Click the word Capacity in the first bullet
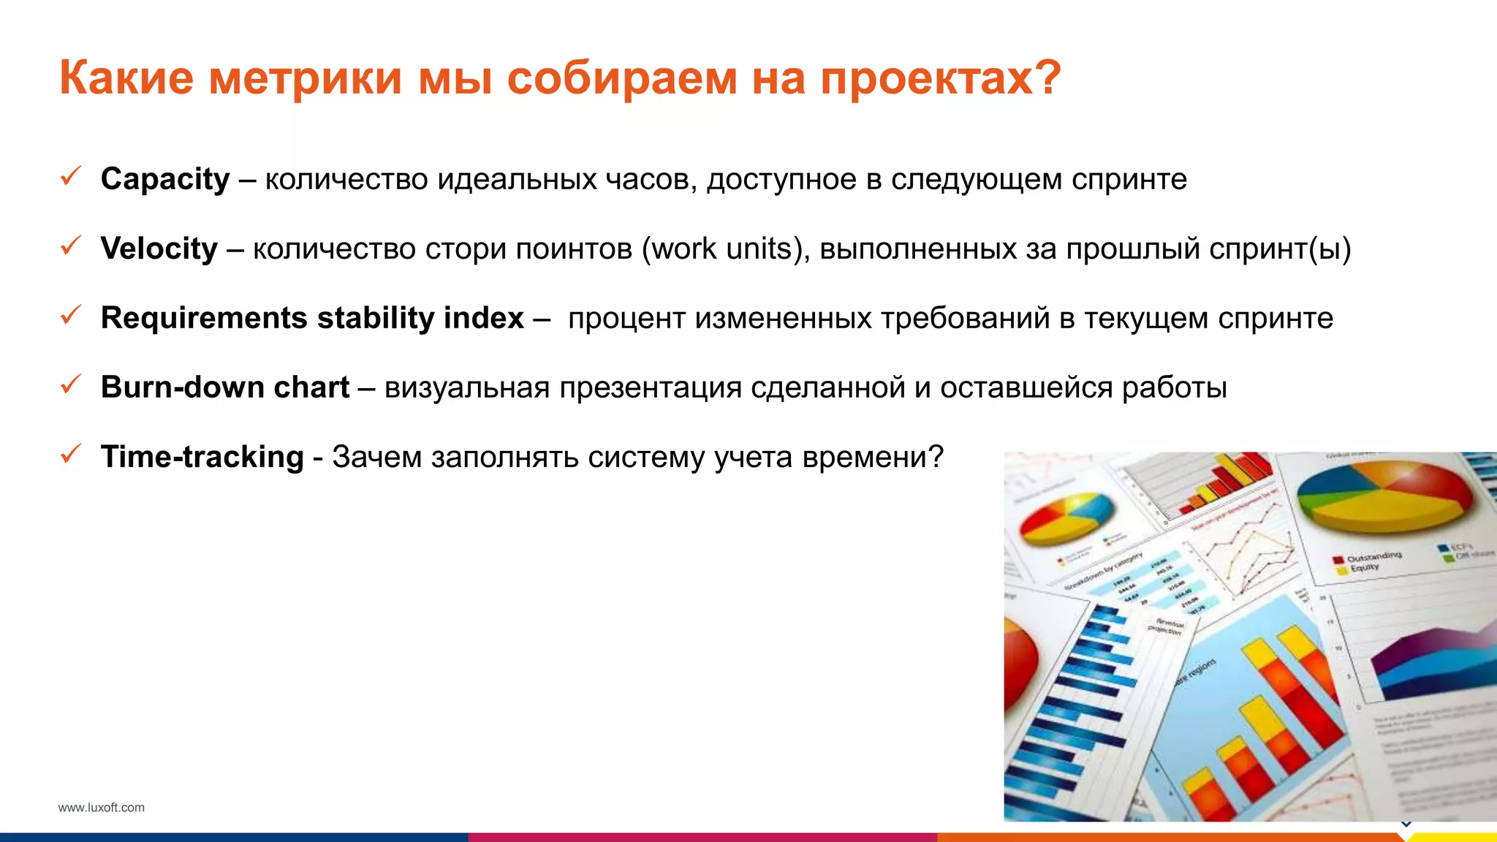[165, 179]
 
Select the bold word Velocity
[159, 249]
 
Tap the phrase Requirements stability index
[312, 318]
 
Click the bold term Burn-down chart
[225, 387]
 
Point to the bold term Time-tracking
[202, 457]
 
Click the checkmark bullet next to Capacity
[70, 176]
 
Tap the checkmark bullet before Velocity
[70, 246]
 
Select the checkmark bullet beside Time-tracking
[70, 454]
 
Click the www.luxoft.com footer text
[101, 808]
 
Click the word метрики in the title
[305, 77]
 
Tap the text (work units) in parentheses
[725, 249]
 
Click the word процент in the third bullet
[626, 318]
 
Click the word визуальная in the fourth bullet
[466, 387]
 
